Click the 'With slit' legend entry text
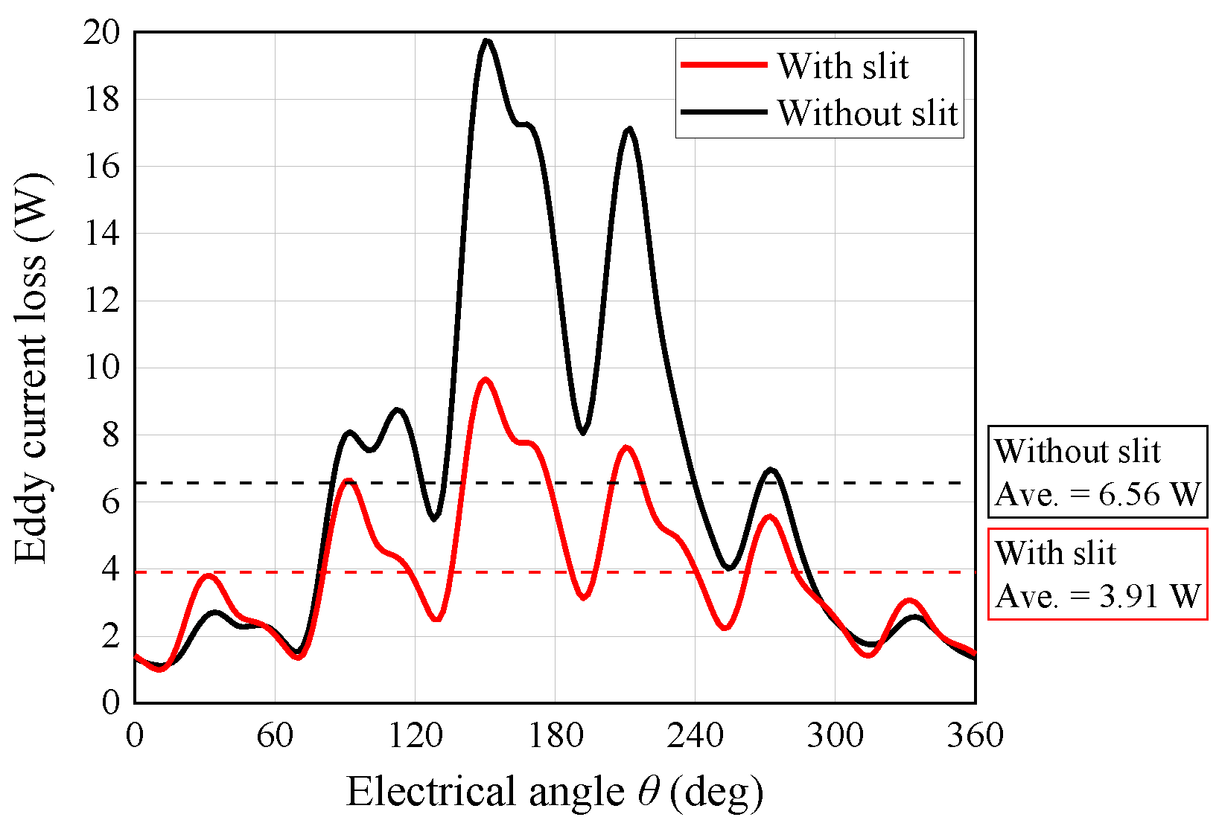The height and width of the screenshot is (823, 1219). pyautogui.click(x=842, y=66)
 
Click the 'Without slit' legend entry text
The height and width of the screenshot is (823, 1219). pyautogui.click(x=868, y=113)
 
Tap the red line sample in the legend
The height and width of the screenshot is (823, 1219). pyautogui.click(x=724, y=65)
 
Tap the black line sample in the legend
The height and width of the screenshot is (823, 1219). pyautogui.click(x=724, y=112)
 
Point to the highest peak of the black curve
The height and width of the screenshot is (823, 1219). pyautogui.click(x=486, y=41)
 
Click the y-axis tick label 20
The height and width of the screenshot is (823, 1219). pyautogui.click(x=101, y=33)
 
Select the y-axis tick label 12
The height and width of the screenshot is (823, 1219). pyautogui.click(x=101, y=301)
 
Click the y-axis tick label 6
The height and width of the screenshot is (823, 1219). pyautogui.click(x=110, y=503)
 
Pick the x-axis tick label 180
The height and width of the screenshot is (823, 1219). pyautogui.click(x=555, y=736)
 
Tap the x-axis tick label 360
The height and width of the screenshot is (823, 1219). pyautogui.click(x=975, y=736)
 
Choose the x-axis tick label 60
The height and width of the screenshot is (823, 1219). pyautogui.click(x=275, y=736)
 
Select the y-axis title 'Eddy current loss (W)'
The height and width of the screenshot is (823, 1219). pyautogui.click(x=31, y=368)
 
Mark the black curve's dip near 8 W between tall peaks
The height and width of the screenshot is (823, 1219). pyautogui.click(x=583, y=432)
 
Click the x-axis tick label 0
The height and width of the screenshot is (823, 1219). pyautogui.click(x=135, y=736)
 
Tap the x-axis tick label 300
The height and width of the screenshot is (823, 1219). pyautogui.click(x=835, y=736)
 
